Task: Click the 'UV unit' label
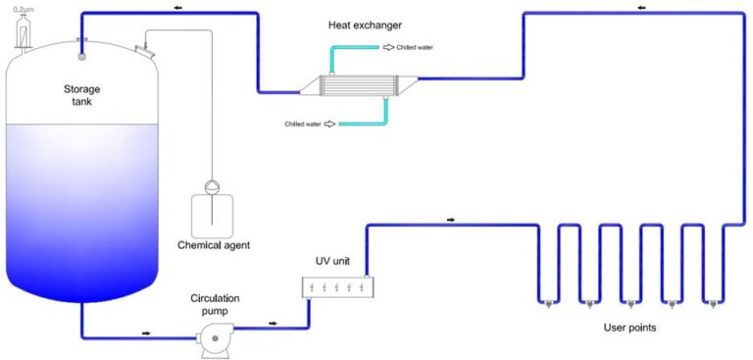(332, 263)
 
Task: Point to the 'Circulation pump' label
(215, 303)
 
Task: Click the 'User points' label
(627, 328)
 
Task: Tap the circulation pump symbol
(210, 339)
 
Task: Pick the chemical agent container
(213, 212)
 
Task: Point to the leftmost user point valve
(548, 302)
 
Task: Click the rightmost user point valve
(711, 302)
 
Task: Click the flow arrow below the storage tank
(145, 333)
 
